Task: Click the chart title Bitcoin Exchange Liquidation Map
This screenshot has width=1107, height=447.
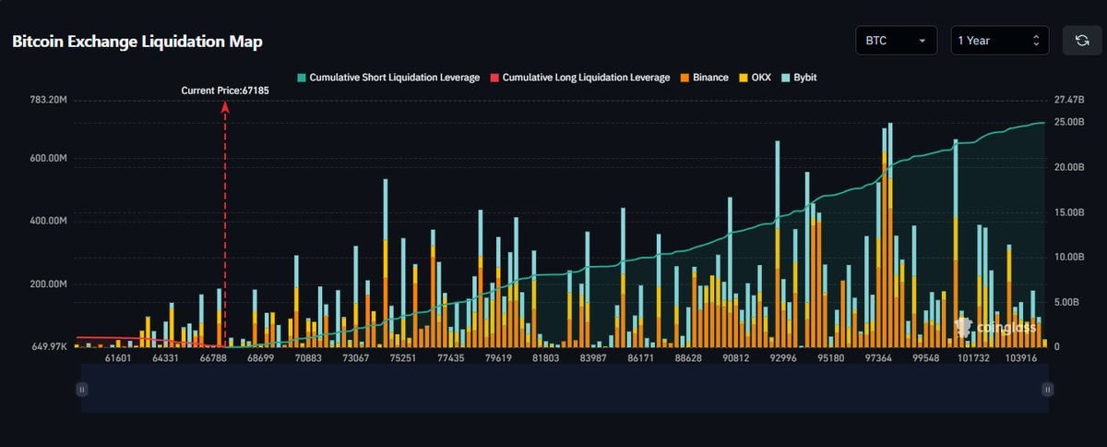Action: tap(137, 42)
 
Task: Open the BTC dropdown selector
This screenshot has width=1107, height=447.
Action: tap(896, 41)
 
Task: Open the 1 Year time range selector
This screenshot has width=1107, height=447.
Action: tap(999, 41)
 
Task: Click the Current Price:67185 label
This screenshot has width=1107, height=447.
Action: tap(225, 91)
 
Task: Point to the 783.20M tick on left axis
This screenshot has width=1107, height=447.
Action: tap(49, 100)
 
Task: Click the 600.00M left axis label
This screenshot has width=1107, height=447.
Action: tap(49, 159)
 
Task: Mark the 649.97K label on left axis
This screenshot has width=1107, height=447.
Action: tap(49, 346)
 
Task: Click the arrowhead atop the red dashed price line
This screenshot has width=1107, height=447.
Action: tap(225, 106)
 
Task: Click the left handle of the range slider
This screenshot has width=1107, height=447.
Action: tap(82, 390)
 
